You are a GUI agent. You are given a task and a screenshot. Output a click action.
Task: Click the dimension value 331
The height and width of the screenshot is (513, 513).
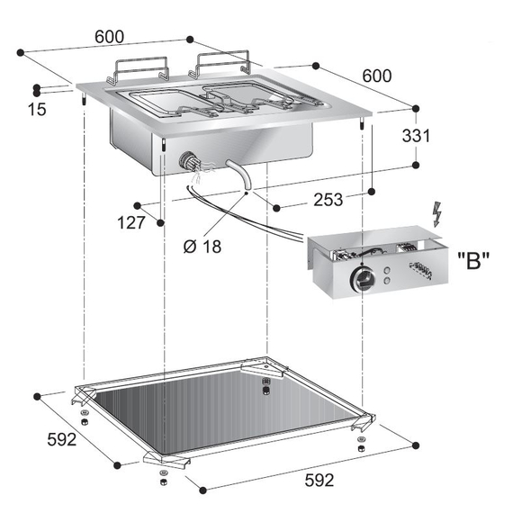pyautogui.click(x=416, y=135)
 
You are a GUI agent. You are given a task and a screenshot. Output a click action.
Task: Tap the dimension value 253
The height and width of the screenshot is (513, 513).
pyautogui.click(x=328, y=200)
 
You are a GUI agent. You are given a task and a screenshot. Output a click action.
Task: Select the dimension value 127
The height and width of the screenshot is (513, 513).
pyautogui.click(x=130, y=223)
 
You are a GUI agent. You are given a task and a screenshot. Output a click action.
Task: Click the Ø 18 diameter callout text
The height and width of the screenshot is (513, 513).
pyautogui.click(x=202, y=246)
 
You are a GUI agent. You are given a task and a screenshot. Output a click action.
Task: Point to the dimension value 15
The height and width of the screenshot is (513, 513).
pyautogui.click(x=37, y=109)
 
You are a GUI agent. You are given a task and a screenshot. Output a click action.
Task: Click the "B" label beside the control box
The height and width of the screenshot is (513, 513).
pyautogui.click(x=473, y=260)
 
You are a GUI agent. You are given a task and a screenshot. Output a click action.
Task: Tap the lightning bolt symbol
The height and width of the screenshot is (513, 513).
pyautogui.click(x=436, y=214)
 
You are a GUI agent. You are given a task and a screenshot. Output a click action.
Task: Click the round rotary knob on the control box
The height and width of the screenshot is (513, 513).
pyautogui.click(x=363, y=280)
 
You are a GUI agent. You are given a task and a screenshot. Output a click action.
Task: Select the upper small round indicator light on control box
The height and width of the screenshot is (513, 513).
pyautogui.click(x=387, y=271)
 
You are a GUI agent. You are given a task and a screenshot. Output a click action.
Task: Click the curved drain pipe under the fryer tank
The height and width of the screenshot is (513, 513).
pyautogui.click(x=241, y=174)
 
